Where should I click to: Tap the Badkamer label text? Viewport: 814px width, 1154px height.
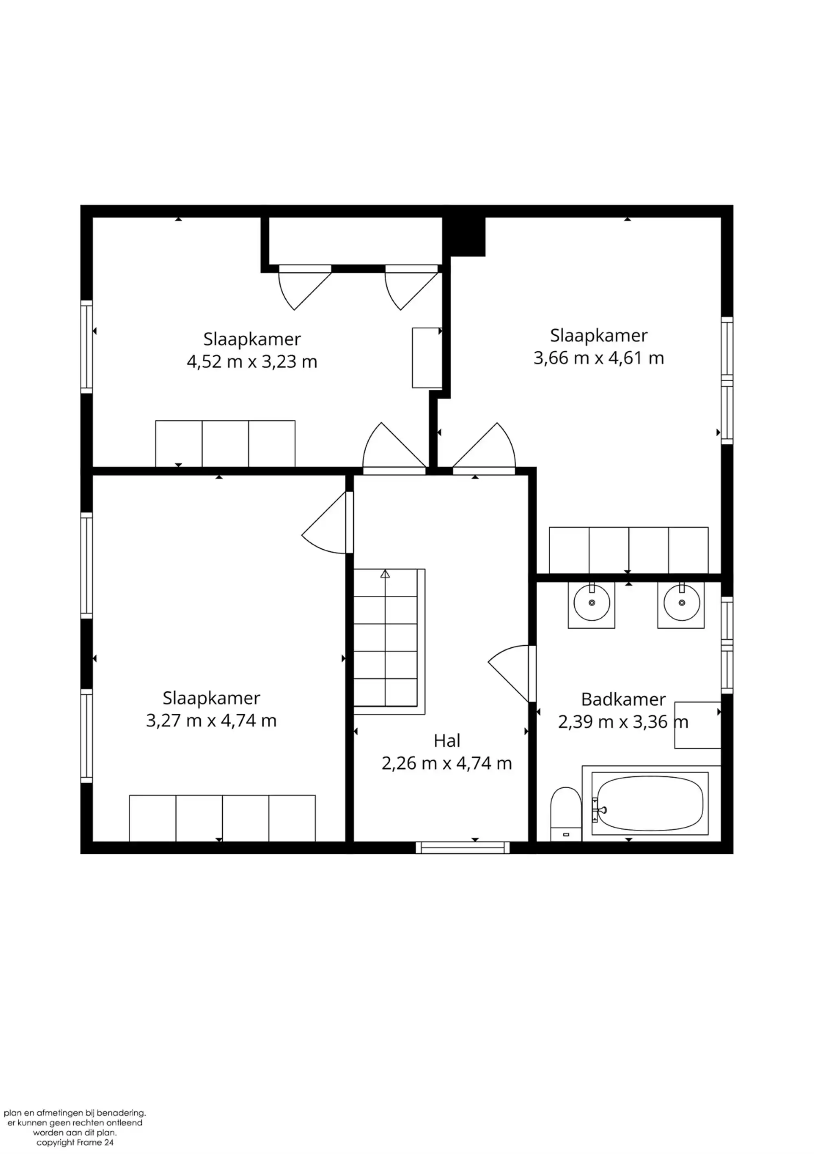624,699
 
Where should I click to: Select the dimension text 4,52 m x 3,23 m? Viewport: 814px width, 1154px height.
252,361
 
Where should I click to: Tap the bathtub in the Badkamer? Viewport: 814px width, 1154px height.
651,803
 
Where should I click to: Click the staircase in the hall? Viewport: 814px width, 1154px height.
389,641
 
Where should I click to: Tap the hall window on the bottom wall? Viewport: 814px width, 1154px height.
463,848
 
